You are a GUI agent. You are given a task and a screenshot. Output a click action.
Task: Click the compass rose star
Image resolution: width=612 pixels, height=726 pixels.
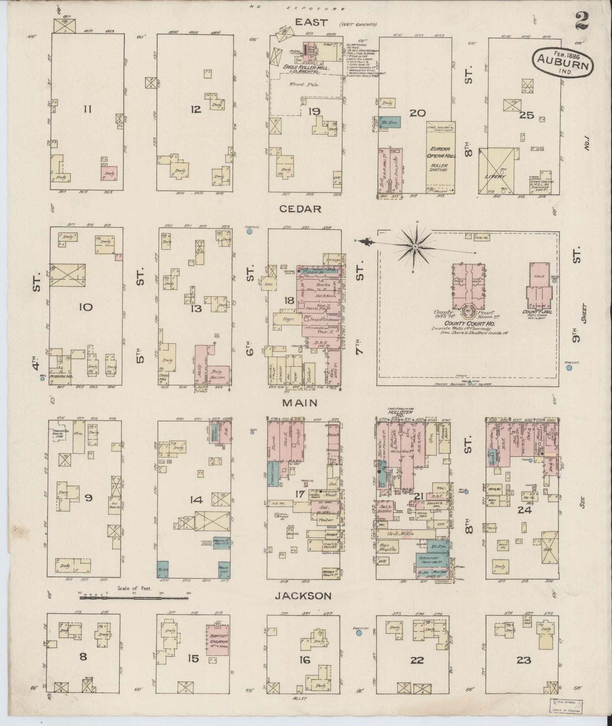click(x=415, y=246)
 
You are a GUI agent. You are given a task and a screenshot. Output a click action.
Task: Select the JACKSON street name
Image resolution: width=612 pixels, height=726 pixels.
click(x=302, y=596)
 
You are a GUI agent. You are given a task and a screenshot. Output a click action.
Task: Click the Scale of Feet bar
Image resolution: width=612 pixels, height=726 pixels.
click(x=134, y=598)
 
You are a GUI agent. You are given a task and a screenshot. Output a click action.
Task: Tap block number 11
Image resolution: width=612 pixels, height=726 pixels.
click(x=87, y=110)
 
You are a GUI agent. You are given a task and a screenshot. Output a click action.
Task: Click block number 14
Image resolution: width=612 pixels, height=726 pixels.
click(x=196, y=500)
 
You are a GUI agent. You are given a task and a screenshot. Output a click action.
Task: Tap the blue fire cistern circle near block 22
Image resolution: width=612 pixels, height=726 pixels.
click(x=359, y=633)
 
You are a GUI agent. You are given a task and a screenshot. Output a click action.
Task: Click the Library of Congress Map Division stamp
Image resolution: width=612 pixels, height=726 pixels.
click(x=565, y=707)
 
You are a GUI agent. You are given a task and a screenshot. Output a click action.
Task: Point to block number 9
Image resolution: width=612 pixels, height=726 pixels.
click(x=88, y=498)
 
